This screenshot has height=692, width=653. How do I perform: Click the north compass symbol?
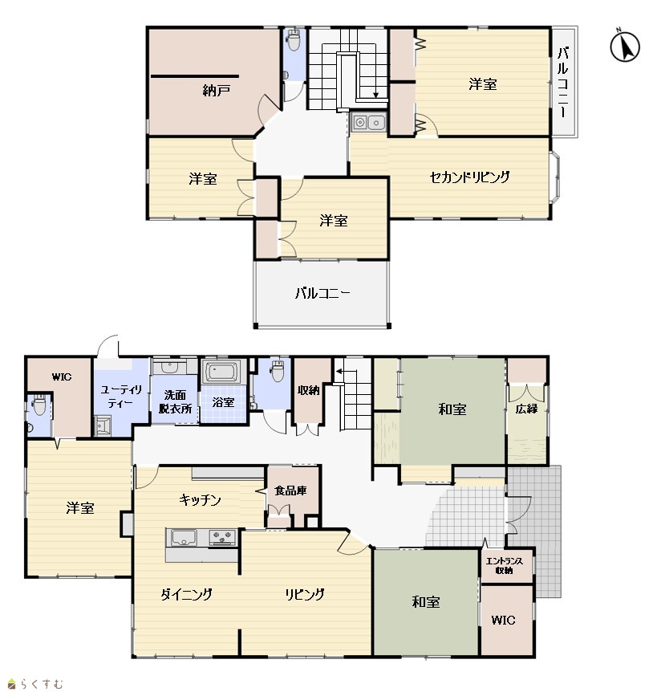point(625,46)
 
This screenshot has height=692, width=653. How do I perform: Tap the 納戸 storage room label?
point(216,91)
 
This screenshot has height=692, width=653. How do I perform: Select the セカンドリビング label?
point(469,177)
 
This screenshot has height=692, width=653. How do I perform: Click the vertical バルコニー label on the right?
point(562,82)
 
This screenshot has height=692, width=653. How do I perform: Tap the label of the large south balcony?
point(322,293)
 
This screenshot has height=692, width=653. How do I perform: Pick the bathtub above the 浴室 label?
point(224,371)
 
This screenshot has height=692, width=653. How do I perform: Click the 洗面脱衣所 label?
point(175,401)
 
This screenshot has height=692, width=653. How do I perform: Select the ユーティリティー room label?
point(121,396)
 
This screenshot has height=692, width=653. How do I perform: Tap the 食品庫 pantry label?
point(290,491)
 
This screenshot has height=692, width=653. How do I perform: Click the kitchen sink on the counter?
point(185,538)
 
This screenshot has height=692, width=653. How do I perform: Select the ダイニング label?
point(186,595)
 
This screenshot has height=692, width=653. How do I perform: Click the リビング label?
point(305,595)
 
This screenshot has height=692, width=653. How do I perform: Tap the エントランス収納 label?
point(504,565)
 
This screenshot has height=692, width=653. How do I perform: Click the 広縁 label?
point(526,409)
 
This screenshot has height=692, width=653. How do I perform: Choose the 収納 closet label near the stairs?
point(308,390)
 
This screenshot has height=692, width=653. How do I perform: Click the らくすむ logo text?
point(41,684)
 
